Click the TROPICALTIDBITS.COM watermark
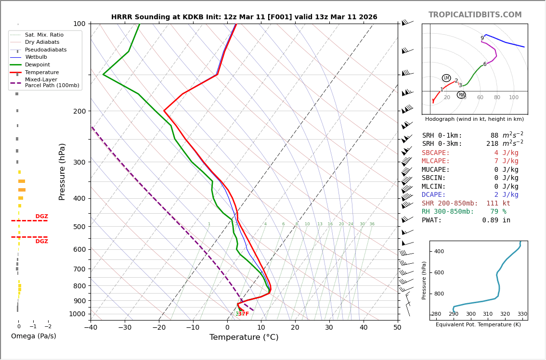(475, 15)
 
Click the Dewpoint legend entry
(38, 65)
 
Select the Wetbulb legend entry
(36, 57)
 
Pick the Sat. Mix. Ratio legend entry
(44, 35)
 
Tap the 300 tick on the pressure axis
(79, 162)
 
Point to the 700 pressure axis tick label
(79, 269)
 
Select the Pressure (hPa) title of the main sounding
(62, 171)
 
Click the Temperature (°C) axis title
(244, 338)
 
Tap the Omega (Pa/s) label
(33, 336)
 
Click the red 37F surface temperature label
(244, 314)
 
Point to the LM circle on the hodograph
(446, 78)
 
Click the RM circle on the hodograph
(461, 95)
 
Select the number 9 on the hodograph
(482, 39)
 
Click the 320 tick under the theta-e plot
(505, 314)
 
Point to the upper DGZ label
(41, 217)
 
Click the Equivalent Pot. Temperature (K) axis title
(478, 325)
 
